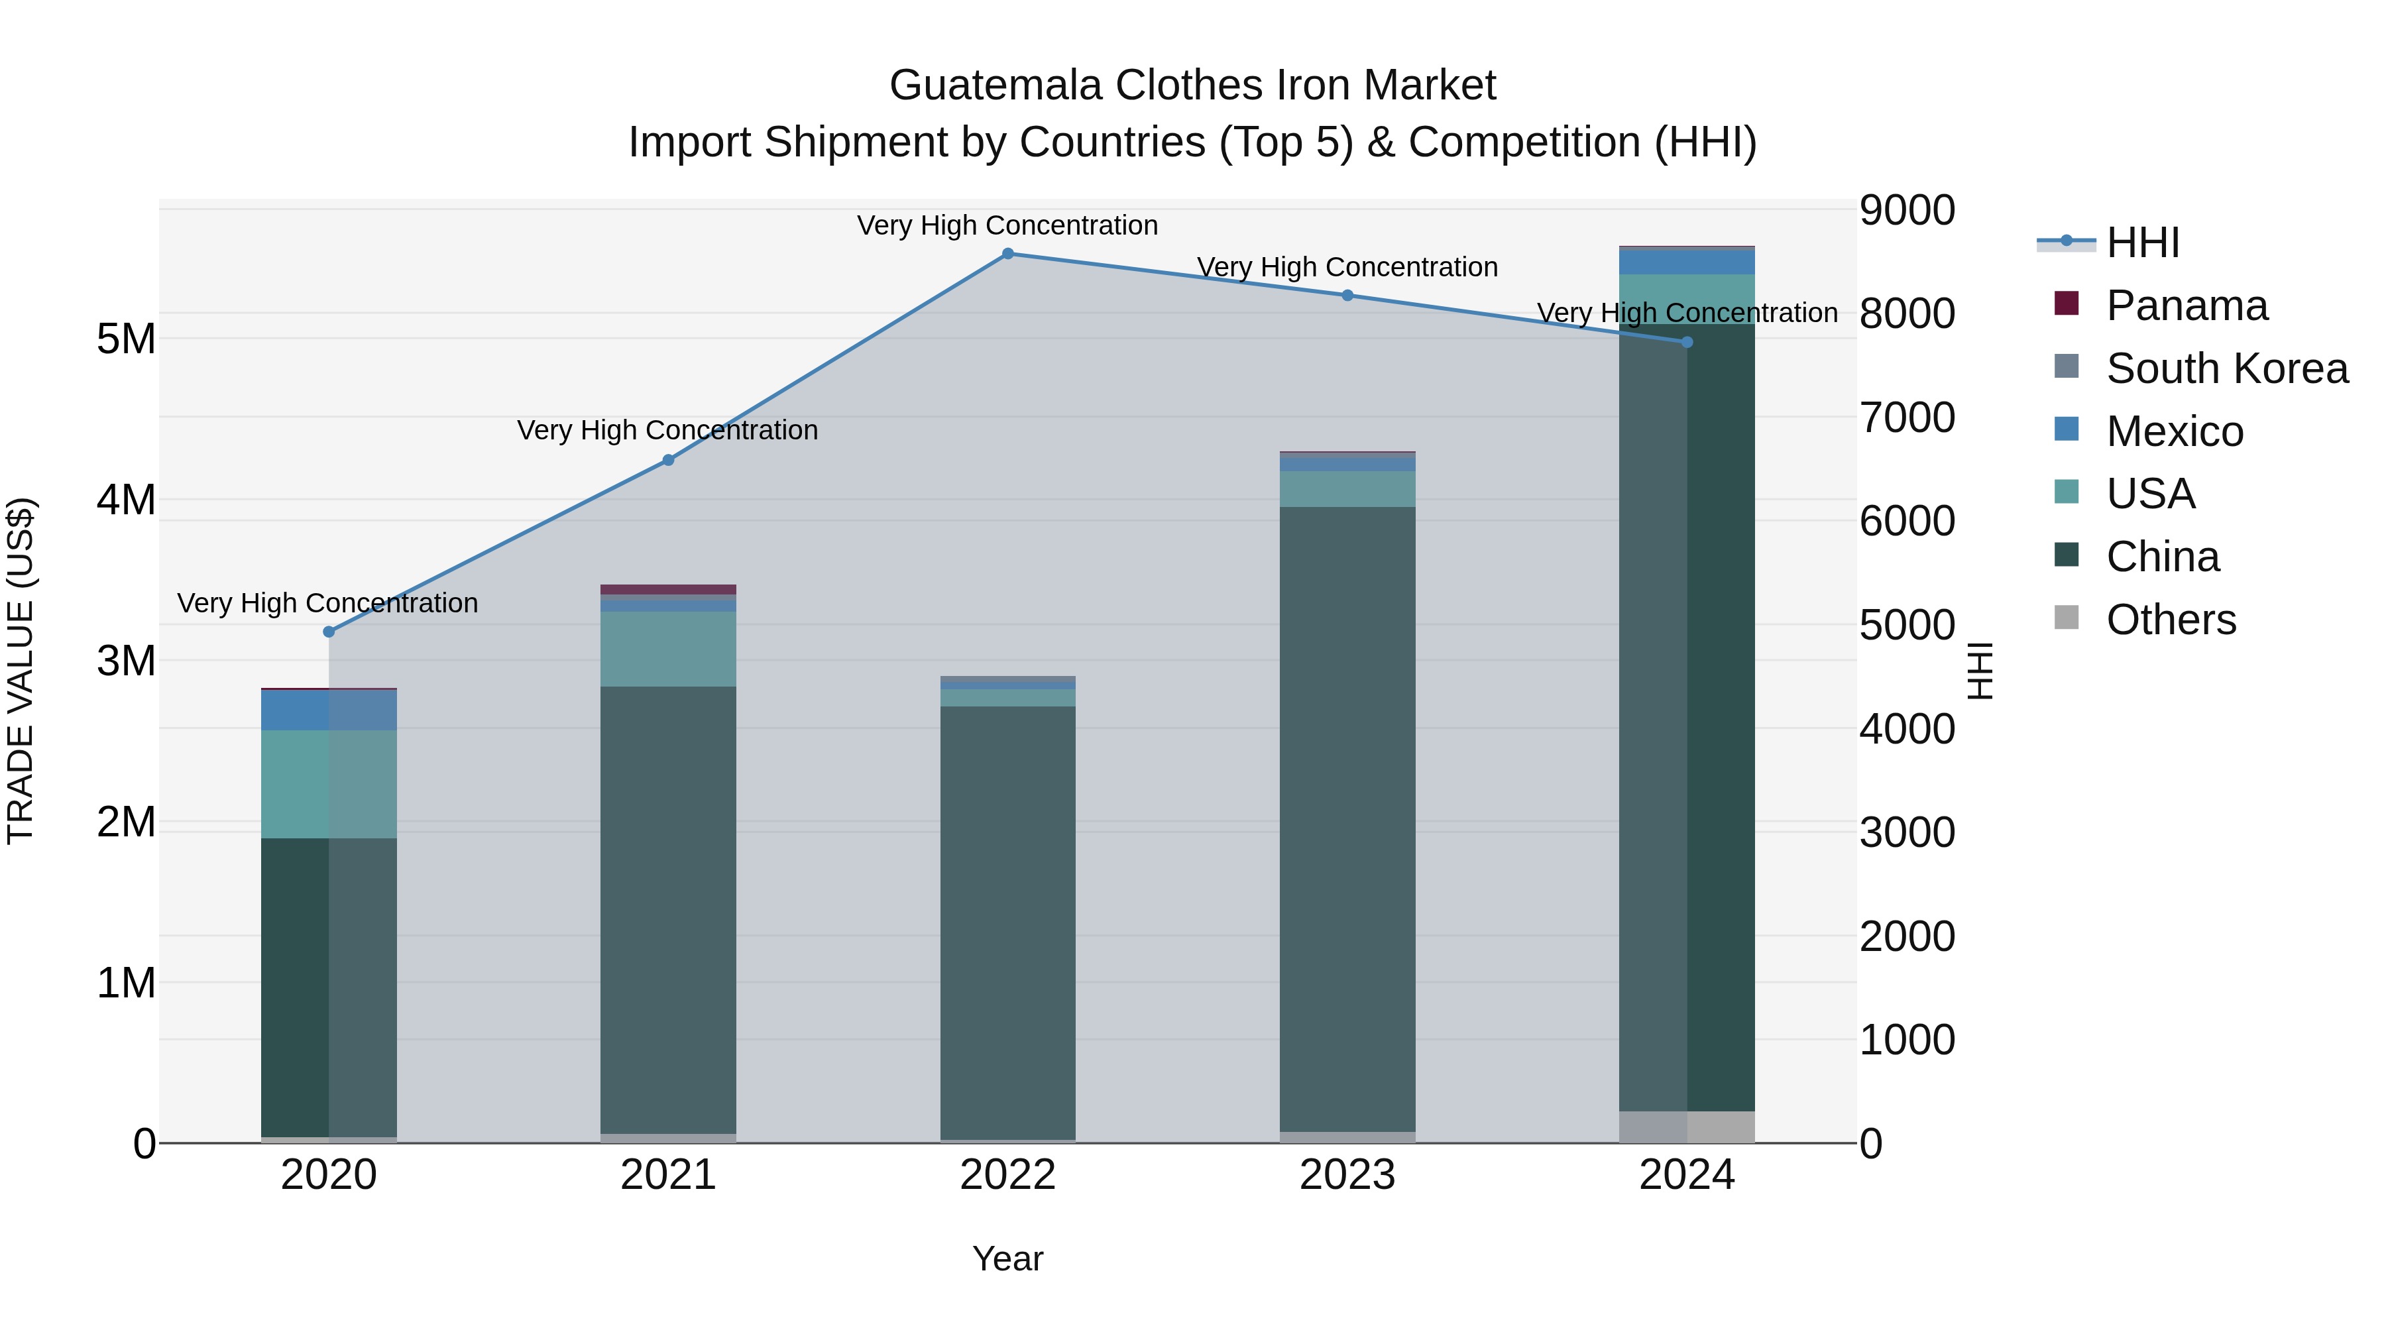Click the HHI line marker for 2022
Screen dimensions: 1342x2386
[1007, 254]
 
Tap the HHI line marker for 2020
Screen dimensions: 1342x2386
[329, 632]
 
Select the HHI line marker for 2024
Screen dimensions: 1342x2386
[1687, 343]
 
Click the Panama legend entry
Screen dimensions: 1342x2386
[2187, 306]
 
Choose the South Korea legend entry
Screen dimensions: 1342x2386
[2227, 368]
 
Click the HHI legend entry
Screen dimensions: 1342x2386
[2141, 243]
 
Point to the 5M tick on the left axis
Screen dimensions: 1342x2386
[126, 339]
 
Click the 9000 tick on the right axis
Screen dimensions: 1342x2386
[1907, 210]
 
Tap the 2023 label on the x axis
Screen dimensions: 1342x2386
[1347, 1175]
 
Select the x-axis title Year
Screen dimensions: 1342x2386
[1007, 1258]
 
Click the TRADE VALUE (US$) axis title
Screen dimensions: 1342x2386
[21, 671]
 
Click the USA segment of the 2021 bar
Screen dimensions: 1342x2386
[668, 648]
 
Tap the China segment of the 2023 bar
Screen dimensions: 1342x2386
[1347, 815]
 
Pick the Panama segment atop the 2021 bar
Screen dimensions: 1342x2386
[668, 589]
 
